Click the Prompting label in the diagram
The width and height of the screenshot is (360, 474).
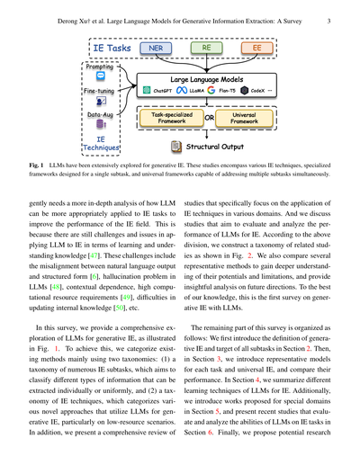(x=101, y=66)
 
